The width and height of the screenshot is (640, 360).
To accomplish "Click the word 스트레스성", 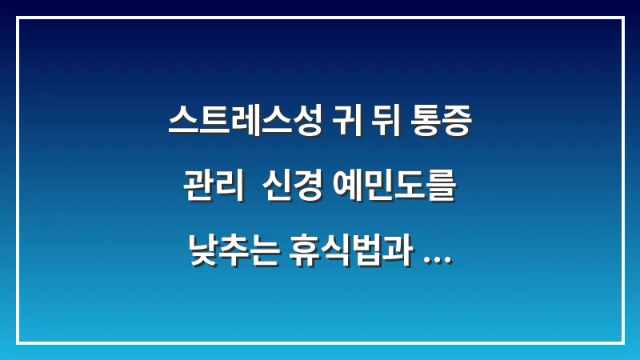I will pyautogui.click(x=245, y=123).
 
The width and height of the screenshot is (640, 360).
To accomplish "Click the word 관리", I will pyautogui.click(x=214, y=189).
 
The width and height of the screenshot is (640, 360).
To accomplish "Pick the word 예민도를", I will pyautogui.click(x=393, y=189).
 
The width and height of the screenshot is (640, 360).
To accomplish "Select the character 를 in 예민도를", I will pyautogui.click(x=441, y=189).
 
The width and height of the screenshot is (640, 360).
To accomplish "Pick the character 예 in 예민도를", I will pyautogui.click(x=345, y=189).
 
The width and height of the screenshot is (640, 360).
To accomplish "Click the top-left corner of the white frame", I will pyautogui.click(x=18, y=18).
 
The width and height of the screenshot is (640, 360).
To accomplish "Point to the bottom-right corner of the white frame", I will pyautogui.click(x=622, y=342).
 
